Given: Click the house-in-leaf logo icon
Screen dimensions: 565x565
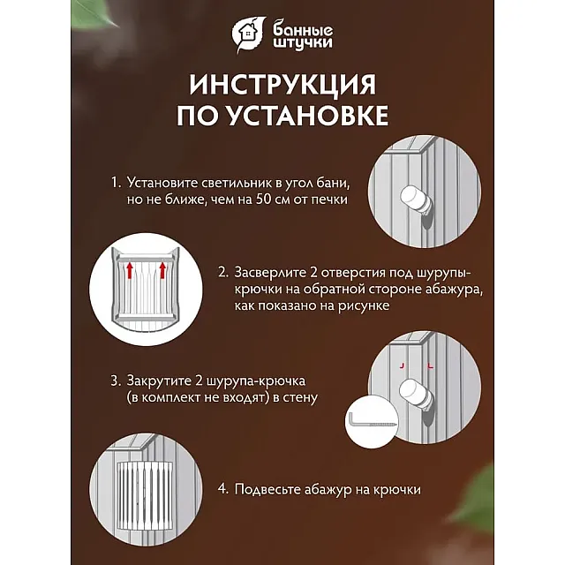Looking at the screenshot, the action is coord(248,34).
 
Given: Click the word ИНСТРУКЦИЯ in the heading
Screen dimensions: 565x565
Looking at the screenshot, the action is coord(282,85).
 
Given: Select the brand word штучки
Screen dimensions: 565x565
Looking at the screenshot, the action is coord(302,43).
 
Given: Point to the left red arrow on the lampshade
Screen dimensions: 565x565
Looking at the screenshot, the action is coord(130,270).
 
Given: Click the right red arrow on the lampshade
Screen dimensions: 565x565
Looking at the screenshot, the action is coord(162,270).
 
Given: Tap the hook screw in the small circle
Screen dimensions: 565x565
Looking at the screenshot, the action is coord(373,421).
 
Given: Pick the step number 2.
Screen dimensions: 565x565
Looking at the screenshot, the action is coord(223,273).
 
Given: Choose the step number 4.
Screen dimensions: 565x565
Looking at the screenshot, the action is coord(223,489).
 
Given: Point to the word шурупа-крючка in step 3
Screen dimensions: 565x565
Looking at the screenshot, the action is coord(256,381).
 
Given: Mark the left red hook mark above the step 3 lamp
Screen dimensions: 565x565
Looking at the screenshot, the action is coord(403,366).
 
